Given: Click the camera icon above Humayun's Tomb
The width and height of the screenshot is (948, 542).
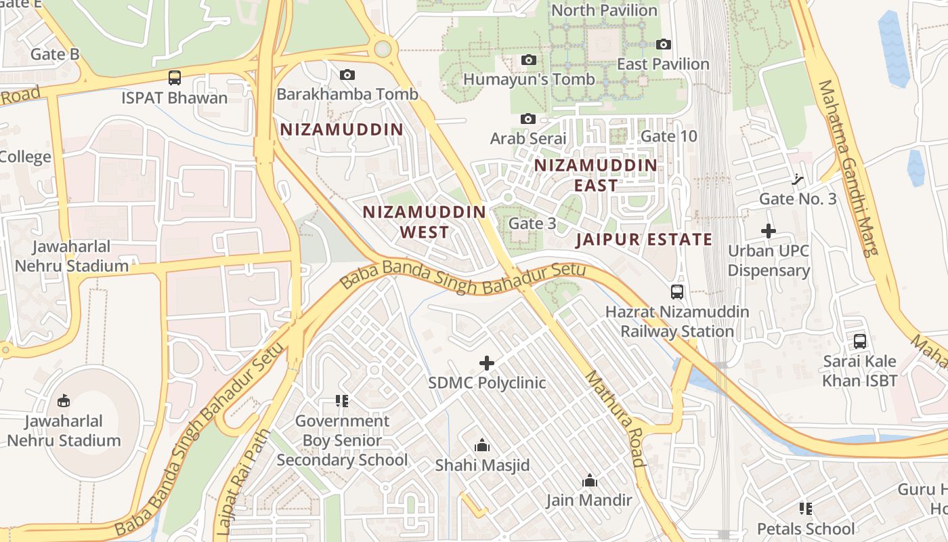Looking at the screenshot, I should coord(529,60).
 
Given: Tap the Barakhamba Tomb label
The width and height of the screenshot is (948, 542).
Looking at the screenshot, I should coord(347,94).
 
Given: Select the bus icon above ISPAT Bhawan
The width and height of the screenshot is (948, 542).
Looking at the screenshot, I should coord(175,78).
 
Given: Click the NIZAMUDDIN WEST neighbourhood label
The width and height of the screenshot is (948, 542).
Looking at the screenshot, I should coord(425,222).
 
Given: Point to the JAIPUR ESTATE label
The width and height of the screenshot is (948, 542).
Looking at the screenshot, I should coord(644,239).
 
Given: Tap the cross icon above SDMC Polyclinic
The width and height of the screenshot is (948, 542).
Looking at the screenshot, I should coord(487,363).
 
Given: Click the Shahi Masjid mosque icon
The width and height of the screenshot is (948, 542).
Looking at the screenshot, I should coord(482,445).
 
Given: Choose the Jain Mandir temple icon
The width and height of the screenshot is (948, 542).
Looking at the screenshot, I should coord(590,480).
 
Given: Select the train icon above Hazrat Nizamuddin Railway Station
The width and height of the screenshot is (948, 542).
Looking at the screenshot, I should coord(677,292).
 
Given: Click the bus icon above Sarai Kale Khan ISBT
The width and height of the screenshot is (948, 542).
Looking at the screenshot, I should coord(860,341).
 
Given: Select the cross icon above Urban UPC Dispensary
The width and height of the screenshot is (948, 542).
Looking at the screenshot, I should coord(769,231).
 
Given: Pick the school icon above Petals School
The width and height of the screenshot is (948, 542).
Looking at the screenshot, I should coord(806,508).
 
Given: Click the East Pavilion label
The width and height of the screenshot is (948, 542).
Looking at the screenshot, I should coord(663,64).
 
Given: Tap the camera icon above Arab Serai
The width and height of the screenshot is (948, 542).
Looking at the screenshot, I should coord(528,119).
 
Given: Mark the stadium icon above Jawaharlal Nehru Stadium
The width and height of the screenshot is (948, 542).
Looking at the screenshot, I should coord(63,401).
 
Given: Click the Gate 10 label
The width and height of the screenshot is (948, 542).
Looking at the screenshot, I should coord(668,136).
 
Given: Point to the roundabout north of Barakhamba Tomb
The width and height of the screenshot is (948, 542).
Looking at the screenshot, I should coord(383,49).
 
